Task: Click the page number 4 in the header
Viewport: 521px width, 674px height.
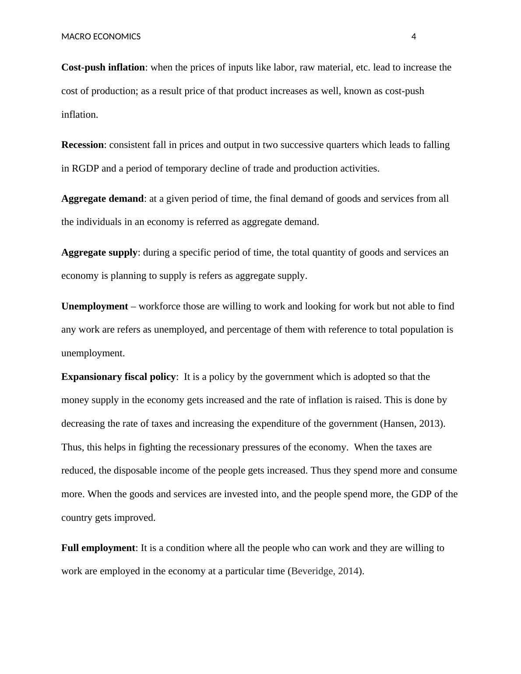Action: (x=414, y=37)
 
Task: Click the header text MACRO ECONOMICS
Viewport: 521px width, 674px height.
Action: (x=101, y=37)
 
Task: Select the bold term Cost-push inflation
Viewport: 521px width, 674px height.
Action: (x=103, y=67)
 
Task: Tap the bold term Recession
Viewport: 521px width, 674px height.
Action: (x=82, y=145)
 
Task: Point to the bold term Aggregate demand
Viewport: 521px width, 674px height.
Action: (x=102, y=199)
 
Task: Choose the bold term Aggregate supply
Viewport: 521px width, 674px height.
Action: (x=99, y=253)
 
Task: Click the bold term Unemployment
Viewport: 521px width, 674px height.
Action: (x=95, y=306)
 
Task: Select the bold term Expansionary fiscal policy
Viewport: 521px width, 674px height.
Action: (x=118, y=377)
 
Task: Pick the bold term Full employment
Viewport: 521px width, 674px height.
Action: (x=98, y=548)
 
